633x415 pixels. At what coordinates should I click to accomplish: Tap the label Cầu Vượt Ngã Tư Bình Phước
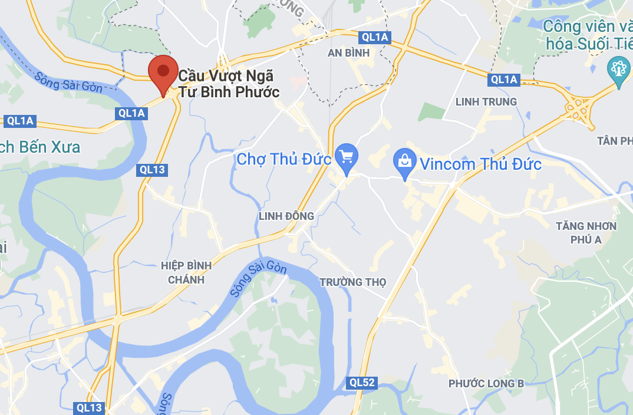tap(229, 84)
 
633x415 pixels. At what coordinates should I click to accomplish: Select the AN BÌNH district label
tap(349, 53)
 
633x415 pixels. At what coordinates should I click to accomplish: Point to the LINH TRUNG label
tap(486, 102)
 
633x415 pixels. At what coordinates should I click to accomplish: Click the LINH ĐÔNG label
tap(286, 216)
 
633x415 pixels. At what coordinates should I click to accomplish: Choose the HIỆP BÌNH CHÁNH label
tap(186, 272)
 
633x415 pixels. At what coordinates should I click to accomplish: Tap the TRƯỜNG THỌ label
tap(352, 282)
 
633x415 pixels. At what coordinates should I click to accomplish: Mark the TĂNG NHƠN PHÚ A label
tap(586, 232)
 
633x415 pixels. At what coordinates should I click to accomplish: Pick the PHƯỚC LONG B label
tap(486, 384)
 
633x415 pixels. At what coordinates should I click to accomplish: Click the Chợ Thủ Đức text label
tap(283, 159)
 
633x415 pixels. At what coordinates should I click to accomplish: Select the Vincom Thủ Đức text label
tap(480, 164)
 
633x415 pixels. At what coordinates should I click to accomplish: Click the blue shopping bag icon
tap(405, 161)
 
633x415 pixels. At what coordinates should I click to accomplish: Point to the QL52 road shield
tap(361, 383)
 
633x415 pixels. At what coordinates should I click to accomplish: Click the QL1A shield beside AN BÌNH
tap(375, 38)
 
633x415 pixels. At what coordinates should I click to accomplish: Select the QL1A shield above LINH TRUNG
tap(504, 79)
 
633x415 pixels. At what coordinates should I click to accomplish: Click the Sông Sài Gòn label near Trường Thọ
tap(259, 279)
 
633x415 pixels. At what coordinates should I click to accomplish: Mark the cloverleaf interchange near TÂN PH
tap(579, 107)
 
